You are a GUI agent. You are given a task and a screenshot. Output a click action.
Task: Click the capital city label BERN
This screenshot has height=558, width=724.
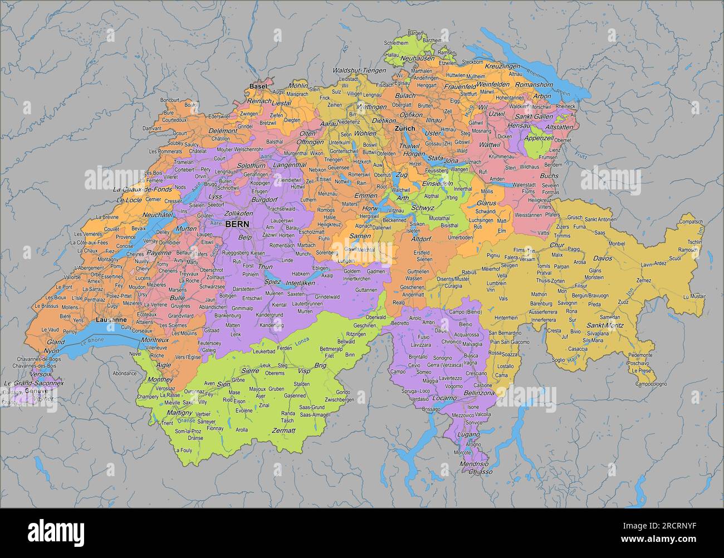(x=237, y=223)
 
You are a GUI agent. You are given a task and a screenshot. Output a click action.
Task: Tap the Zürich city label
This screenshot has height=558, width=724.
(x=405, y=129)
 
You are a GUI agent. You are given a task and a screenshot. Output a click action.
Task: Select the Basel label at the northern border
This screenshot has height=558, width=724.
(x=258, y=87)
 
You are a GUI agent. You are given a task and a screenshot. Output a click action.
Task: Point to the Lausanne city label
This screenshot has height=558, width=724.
(x=111, y=320)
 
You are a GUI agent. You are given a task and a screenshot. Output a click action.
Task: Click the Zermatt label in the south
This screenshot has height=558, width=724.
(x=283, y=430)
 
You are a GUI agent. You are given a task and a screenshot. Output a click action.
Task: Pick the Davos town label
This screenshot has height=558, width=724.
(x=602, y=258)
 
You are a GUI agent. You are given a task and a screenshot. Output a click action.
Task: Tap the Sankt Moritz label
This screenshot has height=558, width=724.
(x=604, y=325)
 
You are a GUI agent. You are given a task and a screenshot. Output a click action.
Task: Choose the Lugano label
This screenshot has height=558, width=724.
(x=464, y=434)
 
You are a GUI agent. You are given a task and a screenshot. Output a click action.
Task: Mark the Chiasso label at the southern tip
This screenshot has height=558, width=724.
(x=480, y=472)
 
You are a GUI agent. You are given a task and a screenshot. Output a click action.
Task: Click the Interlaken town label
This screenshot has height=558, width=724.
(x=300, y=283)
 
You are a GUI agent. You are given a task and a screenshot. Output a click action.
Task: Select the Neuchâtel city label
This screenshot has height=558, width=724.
(x=159, y=214)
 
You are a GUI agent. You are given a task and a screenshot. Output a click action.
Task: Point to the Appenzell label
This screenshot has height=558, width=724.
(x=539, y=138)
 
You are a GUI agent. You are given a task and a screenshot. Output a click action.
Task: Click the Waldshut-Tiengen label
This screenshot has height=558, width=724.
(x=359, y=71)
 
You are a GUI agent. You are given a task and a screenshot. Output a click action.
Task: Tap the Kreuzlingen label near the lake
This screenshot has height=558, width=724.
(x=502, y=66)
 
